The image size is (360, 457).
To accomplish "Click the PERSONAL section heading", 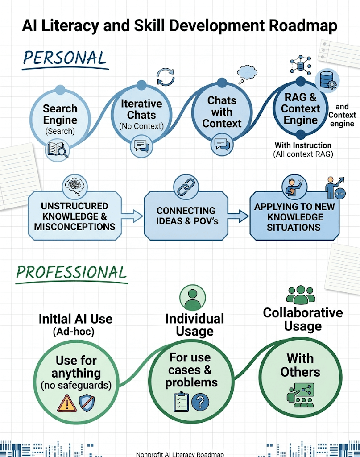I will point(65,58).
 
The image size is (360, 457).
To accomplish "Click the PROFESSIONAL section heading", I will point(71,272).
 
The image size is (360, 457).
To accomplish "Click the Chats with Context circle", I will point(222,112).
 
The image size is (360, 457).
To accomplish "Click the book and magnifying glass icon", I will point(58,150).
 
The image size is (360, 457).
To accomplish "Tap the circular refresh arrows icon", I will point(165,77).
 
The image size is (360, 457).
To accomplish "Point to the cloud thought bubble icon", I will point(247,71).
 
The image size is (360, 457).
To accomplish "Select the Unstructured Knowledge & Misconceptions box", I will point(74,216).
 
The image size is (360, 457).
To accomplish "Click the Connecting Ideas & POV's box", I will point(186,216).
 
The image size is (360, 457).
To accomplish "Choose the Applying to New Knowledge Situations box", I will point(294,217).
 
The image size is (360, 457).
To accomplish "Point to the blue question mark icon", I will point(200,402).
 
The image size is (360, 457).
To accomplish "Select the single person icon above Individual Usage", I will point(192,298).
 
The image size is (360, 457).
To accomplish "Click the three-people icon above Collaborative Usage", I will point(301,295).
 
